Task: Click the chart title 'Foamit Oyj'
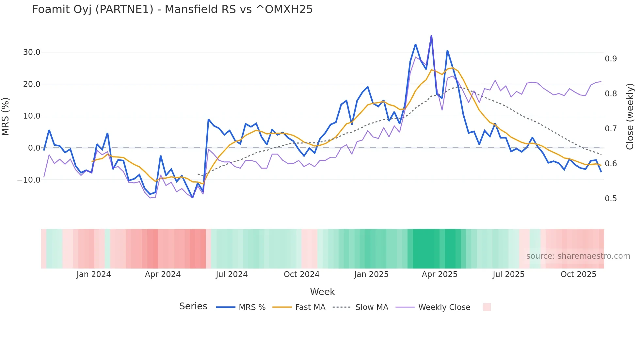172,9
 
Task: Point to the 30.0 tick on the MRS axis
32,52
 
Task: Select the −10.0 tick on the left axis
29,180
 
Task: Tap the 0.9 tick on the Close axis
611,59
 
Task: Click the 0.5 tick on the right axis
611,199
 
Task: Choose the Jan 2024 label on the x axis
94,274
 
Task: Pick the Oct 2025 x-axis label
578,274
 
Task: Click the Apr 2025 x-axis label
440,274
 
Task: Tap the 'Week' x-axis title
322,292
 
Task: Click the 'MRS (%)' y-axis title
6,116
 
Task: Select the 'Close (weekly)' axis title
630,116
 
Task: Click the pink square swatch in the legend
487,307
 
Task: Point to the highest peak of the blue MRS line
431,36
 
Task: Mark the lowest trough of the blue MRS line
192,198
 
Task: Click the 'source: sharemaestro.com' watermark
578,256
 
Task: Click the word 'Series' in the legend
193,306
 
